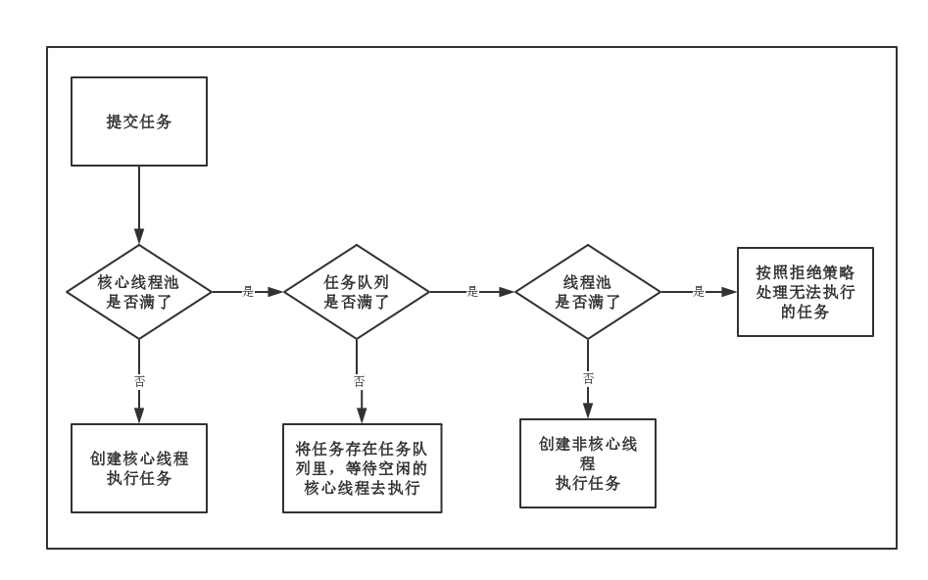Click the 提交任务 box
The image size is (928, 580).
pos(139,121)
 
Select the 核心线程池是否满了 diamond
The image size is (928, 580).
pos(139,292)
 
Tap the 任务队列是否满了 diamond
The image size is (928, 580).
pos(357,292)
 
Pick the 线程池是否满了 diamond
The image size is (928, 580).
pos(588,292)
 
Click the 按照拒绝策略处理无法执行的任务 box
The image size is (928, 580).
pos(805,292)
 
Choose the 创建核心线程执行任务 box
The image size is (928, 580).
pos(139,468)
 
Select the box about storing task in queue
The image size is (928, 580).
pos(362,468)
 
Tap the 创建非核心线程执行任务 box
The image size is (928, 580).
pos(588,463)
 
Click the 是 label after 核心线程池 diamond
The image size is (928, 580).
pos(248,292)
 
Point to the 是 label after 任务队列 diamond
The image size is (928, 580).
pos(472,292)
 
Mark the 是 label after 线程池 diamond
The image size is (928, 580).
pos(699,292)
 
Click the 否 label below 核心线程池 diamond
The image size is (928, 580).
pos(139,381)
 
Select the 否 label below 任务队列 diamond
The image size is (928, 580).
pos(359,381)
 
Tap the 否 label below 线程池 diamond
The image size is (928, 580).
pos(588,378)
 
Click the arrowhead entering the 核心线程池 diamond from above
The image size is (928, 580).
pos(139,236)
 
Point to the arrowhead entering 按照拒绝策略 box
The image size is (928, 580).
pos(728,292)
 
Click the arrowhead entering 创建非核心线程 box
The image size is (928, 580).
pos(588,411)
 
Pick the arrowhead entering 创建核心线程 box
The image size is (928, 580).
pos(139,415)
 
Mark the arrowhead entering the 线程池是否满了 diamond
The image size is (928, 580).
pos(507,292)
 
